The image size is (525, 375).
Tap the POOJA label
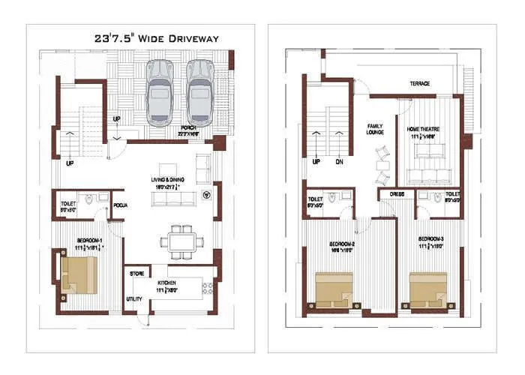pyautogui.click(x=120, y=203)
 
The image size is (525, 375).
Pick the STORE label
pyautogui.click(x=136, y=274)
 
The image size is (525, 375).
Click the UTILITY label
pyautogui.click(x=135, y=298)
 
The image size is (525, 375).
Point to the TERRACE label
pyautogui.click(x=419, y=83)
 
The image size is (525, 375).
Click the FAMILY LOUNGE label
pyautogui.click(x=375, y=130)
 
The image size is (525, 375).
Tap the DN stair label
pyautogui.click(x=338, y=162)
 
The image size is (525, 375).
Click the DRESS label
pyautogui.click(x=397, y=194)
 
